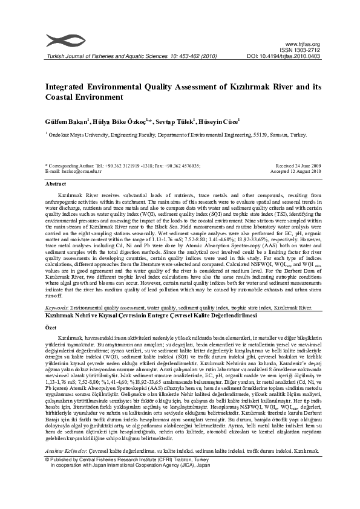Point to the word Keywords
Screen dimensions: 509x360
(x=57, y=307)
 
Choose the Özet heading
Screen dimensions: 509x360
(x=51, y=326)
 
